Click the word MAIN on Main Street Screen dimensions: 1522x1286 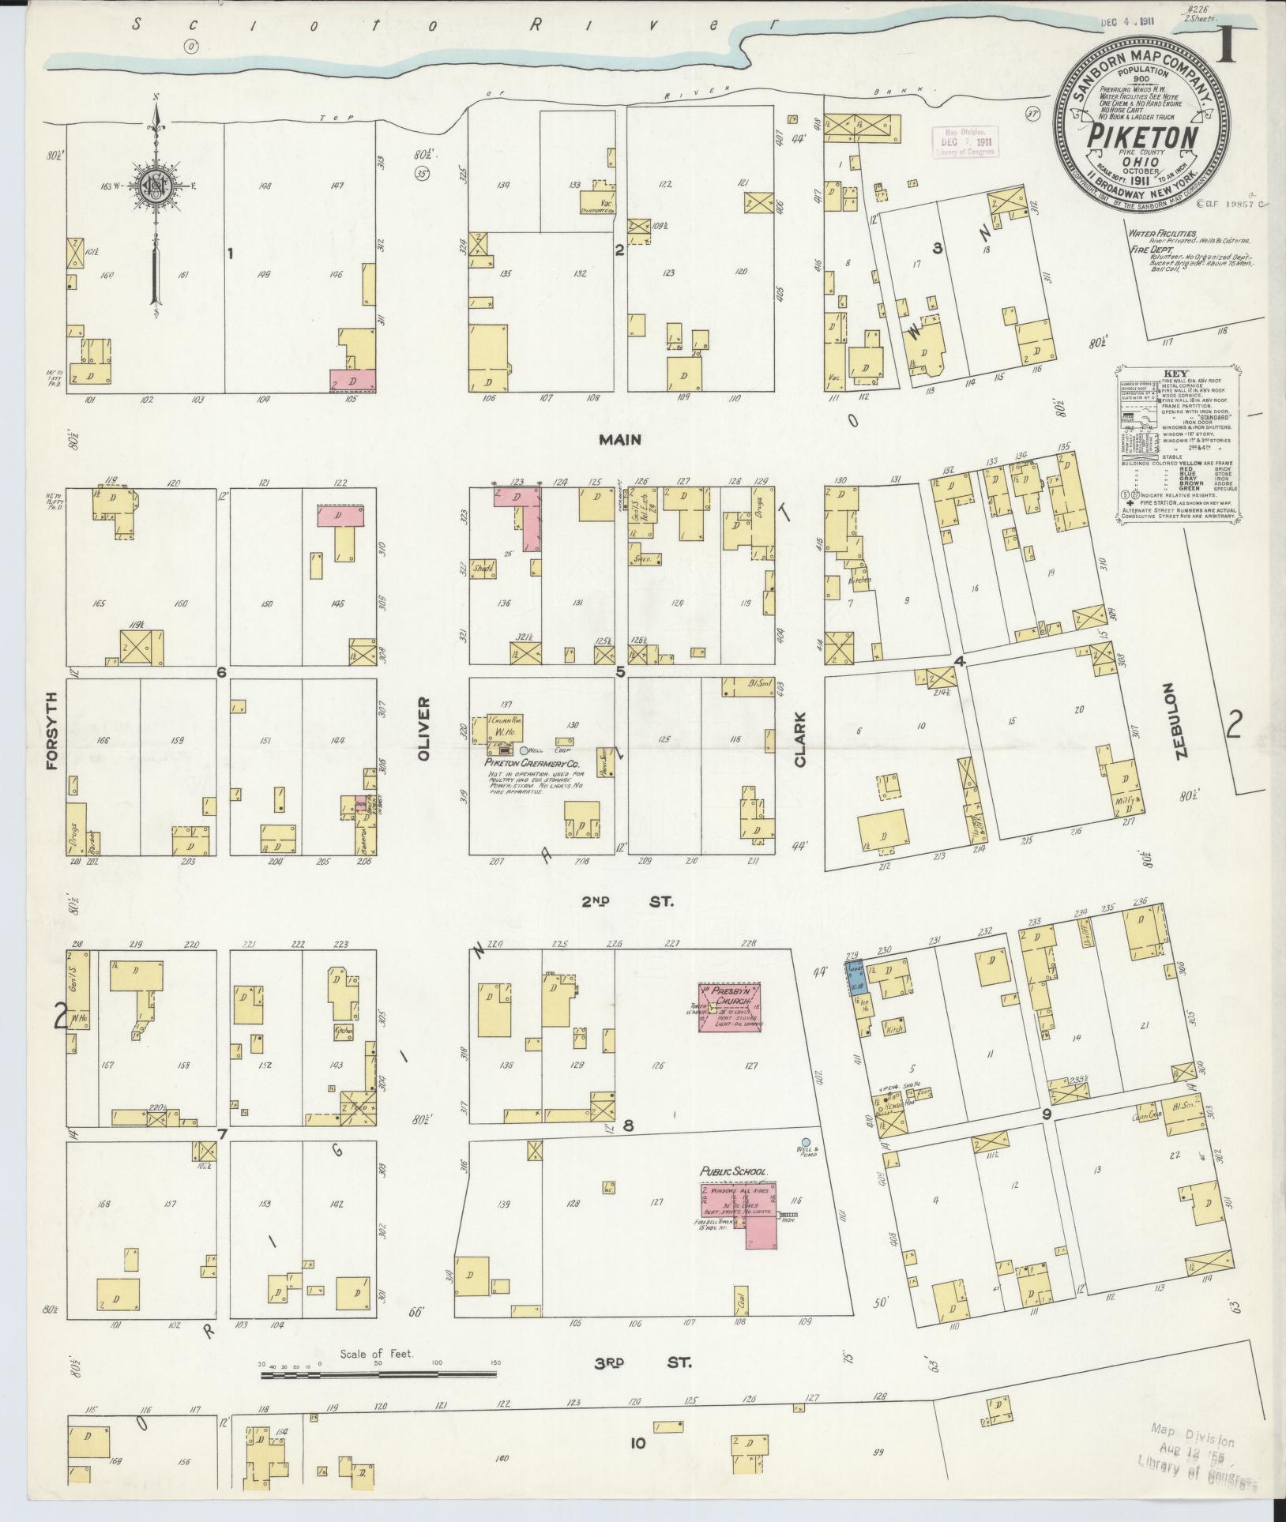click(620, 440)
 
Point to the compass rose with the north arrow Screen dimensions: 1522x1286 click(155, 186)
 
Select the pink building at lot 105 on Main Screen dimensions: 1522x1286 click(352, 380)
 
